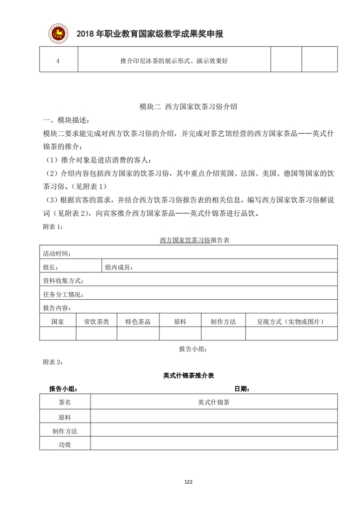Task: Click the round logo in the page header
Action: coord(60,34)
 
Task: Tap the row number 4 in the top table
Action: coord(58,61)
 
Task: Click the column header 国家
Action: coord(58,322)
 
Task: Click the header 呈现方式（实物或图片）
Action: coord(290,322)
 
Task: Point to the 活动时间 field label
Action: coord(57,254)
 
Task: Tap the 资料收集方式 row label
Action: coord(63,281)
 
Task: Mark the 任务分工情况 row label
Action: coord(63,295)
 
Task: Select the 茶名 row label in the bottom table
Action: coord(65,403)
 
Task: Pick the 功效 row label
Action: coord(65,444)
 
